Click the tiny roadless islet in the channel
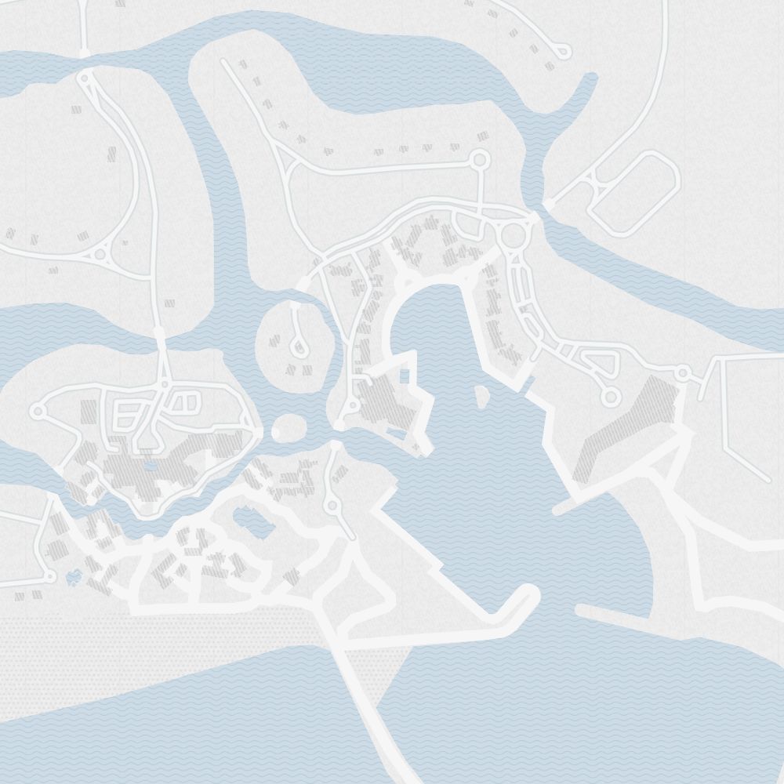(x=289, y=429)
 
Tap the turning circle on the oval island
(x=298, y=345)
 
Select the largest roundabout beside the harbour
(x=514, y=235)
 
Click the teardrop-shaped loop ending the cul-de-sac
(x=561, y=52)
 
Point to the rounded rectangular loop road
(x=633, y=194)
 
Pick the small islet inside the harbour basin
(x=481, y=396)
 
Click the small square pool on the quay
(x=405, y=376)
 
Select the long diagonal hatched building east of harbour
(x=627, y=427)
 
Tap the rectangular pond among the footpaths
(x=249, y=519)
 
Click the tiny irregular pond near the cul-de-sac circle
(x=74, y=579)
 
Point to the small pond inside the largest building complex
(x=150, y=466)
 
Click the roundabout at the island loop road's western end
(x=37, y=410)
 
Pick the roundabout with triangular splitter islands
(x=100, y=253)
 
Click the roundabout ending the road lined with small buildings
(x=480, y=160)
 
